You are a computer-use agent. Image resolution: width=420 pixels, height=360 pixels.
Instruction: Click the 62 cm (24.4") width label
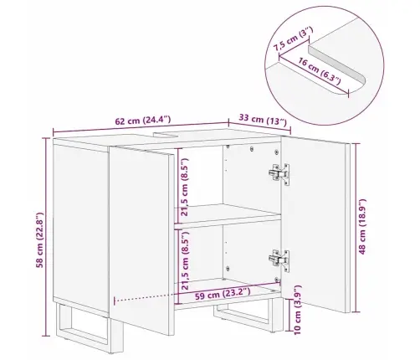[142, 121]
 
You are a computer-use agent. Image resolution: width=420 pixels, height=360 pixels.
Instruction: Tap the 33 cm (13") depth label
[263, 120]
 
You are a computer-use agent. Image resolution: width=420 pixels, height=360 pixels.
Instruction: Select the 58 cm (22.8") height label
[40, 240]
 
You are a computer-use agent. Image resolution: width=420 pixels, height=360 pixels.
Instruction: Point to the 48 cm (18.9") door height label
[361, 226]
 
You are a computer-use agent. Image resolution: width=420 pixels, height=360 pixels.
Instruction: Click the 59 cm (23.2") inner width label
[223, 294]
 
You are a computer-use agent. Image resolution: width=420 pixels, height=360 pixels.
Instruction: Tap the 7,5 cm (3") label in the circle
[293, 39]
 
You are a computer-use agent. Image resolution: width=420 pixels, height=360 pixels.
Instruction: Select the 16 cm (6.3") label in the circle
[320, 71]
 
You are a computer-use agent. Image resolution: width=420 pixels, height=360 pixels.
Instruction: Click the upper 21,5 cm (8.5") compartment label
[184, 187]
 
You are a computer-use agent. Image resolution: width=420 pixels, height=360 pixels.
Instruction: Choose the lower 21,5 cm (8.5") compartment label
[184, 260]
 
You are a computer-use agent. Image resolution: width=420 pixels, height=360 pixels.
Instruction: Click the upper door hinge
[279, 173]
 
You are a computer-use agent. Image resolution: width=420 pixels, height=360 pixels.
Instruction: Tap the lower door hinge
[279, 260]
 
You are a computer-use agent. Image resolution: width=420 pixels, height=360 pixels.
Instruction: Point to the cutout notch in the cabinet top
[166, 135]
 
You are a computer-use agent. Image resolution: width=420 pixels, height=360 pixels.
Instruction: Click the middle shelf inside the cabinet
[228, 213]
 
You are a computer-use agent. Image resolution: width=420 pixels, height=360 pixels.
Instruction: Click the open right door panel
[315, 224]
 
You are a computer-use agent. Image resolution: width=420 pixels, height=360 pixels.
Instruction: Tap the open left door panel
[141, 240]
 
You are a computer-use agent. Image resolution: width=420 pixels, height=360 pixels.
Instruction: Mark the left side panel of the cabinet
[81, 228]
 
